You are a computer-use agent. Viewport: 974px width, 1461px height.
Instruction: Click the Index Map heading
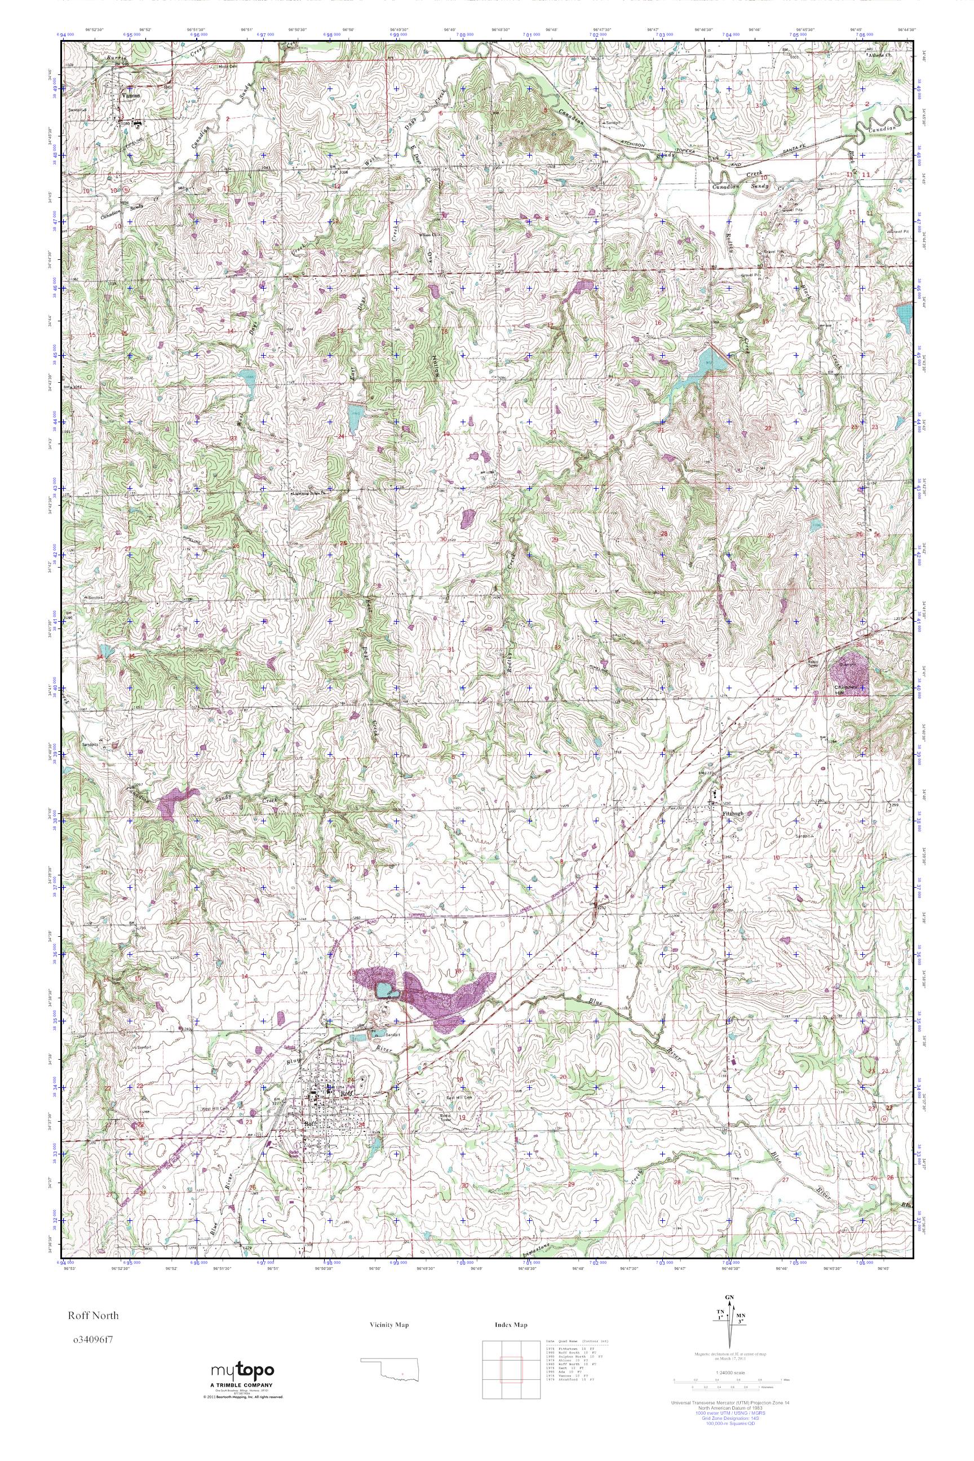coord(511,1325)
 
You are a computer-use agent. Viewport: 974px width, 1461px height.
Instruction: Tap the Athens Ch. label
coord(879,55)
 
